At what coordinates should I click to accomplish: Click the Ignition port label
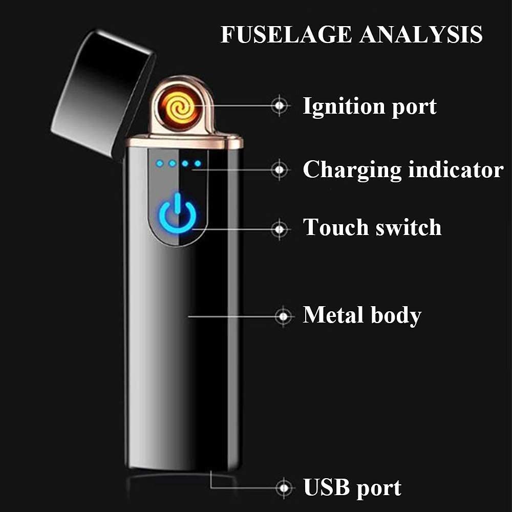[x=369, y=106]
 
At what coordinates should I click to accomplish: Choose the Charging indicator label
[x=402, y=170]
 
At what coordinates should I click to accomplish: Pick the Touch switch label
[x=372, y=227]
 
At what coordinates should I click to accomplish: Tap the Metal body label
[x=362, y=315]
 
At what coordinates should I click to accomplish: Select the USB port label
[x=352, y=487]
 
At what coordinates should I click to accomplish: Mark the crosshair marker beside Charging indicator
[x=280, y=169]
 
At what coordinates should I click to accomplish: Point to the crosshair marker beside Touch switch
[x=280, y=229]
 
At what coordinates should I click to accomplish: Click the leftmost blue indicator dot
[x=160, y=164]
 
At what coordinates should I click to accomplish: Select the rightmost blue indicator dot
[x=198, y=164]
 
